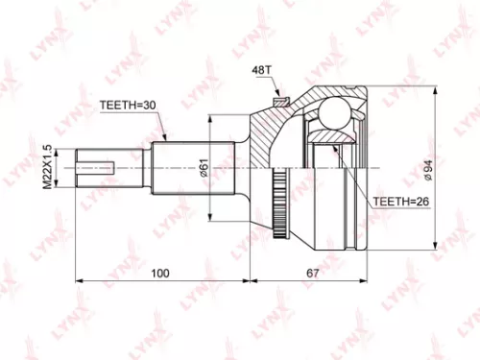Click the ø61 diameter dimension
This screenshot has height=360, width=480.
[204, 171]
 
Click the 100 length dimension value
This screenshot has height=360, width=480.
[160, 274]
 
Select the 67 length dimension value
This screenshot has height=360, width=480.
[313, 274]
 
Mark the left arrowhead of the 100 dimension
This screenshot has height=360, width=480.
[79, 281]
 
